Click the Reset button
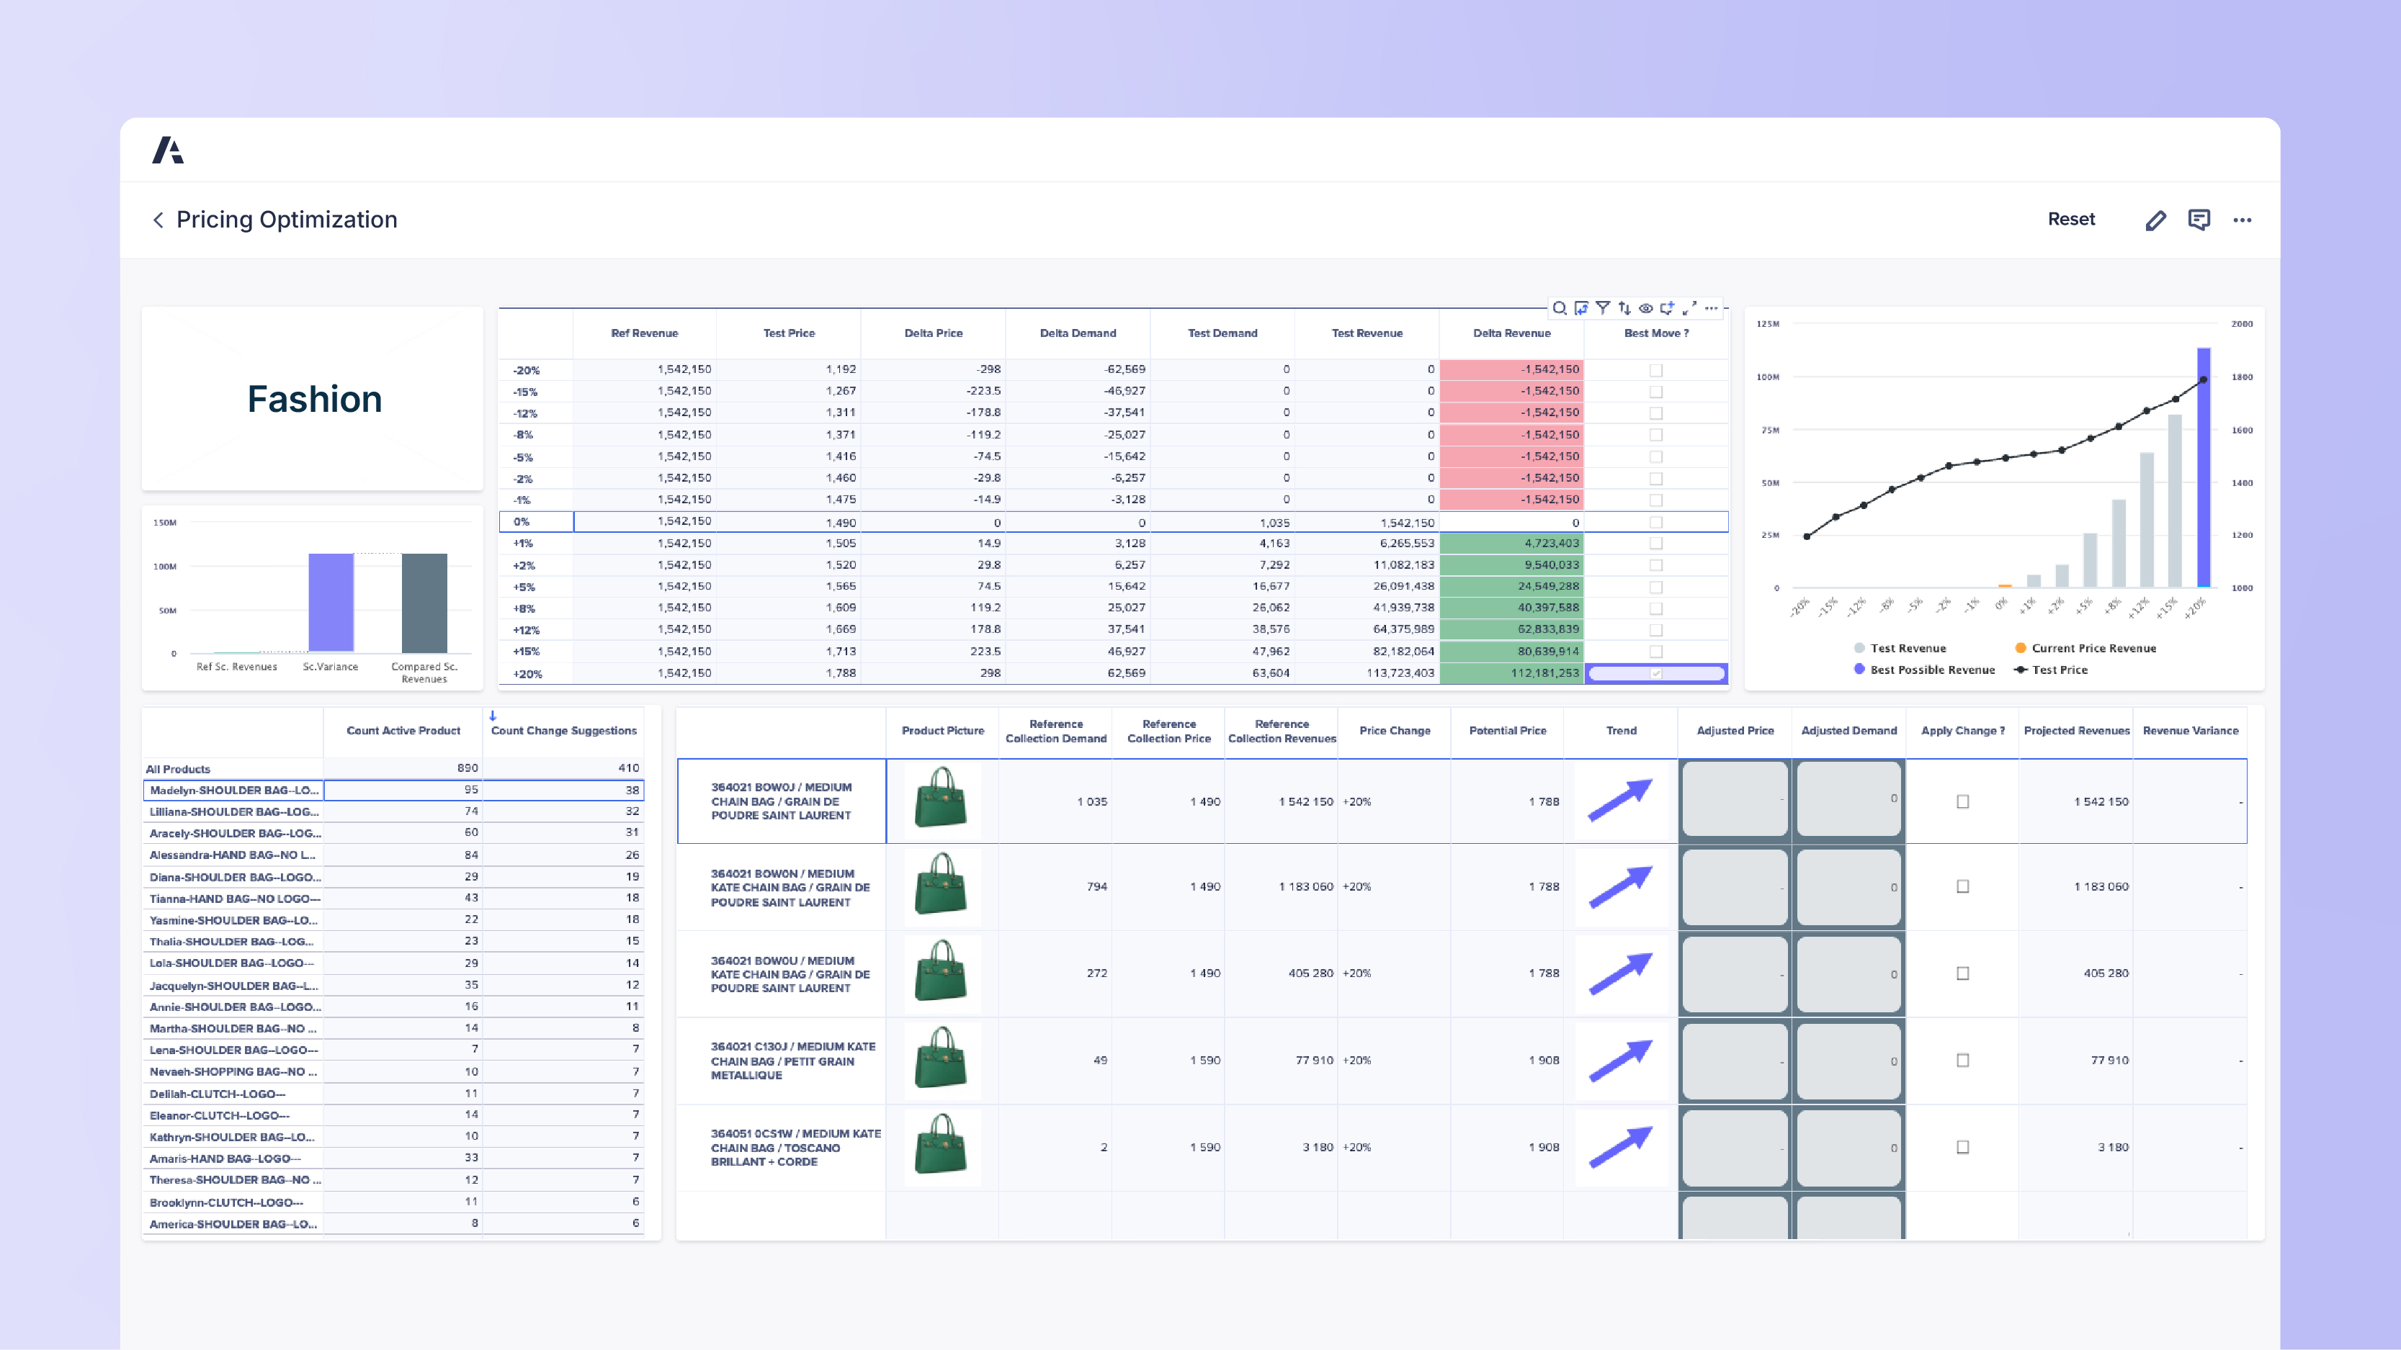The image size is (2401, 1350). click(2070, 219)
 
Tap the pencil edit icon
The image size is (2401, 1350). click(2155, 220)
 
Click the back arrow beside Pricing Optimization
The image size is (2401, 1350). click(158, 220)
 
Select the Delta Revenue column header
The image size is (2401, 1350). click(1511, 333)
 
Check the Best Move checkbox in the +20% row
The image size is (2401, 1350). click(1655, 672)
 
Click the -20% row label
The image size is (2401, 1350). click(527, 370)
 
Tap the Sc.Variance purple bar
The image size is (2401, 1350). click(331, 602)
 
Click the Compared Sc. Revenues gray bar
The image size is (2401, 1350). click(424, 602)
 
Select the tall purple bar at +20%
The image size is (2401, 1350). click(2204, 466)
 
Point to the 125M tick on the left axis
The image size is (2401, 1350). click(1767, 324)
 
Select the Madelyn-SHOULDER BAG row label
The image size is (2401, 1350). click(233, 790)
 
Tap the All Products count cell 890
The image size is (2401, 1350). click(467, 768)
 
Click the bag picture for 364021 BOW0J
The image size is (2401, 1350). click(942, 798)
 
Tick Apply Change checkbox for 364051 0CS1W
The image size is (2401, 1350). click(1962, 1147)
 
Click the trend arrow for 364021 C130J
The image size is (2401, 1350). click(1620, 1061)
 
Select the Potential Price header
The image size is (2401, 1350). click(1507, 730)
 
